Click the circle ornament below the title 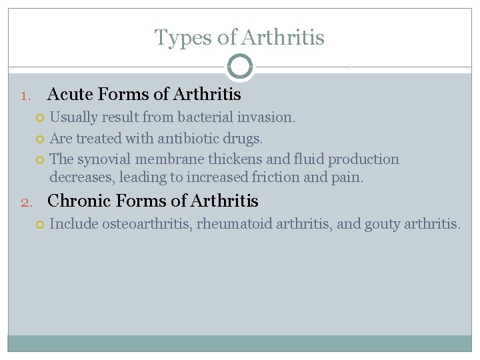click(x=240, y=67)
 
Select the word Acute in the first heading click(x=69, y=95)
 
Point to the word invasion click(x=271, y=117)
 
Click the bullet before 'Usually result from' click(x=40, y=118)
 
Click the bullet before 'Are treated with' click(x=40, y=139)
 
